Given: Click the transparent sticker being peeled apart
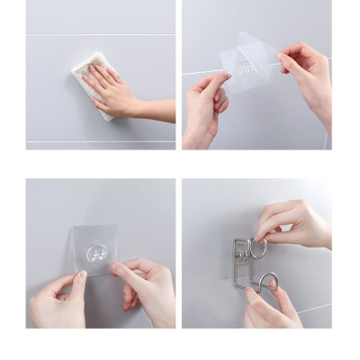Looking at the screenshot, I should pos(247,63).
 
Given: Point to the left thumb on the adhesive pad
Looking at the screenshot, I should pos(78,286).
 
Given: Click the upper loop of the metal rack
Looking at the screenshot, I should pos(257,248).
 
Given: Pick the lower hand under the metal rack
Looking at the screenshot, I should pos(270,310).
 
